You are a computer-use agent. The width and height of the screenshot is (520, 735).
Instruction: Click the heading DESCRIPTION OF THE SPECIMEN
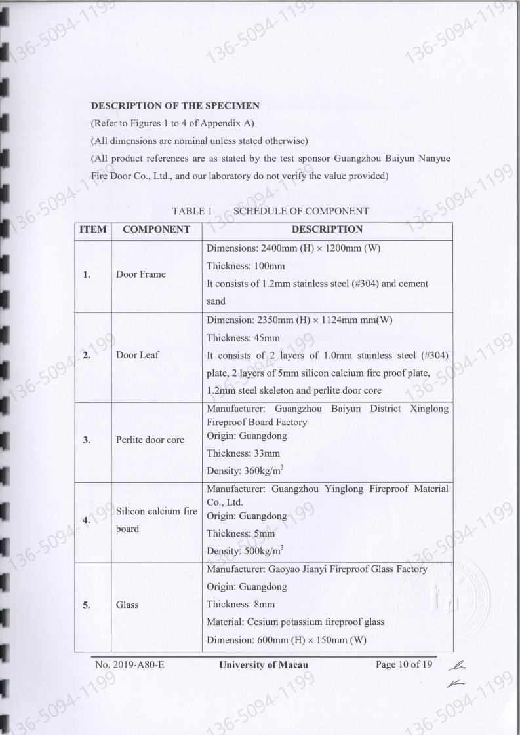click(175, 105)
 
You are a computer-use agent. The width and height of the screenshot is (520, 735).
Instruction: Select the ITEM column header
click(93, 229)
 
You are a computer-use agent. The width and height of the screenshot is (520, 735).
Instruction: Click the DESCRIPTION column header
click(327, 229)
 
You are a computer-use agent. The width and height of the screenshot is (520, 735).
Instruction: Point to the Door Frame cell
click(141, 274)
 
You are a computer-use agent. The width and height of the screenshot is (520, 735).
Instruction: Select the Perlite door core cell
click(150, 440)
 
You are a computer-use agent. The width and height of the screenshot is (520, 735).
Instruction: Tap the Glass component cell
click(127, 605)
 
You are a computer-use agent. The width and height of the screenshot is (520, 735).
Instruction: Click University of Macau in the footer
click(264, 665)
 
